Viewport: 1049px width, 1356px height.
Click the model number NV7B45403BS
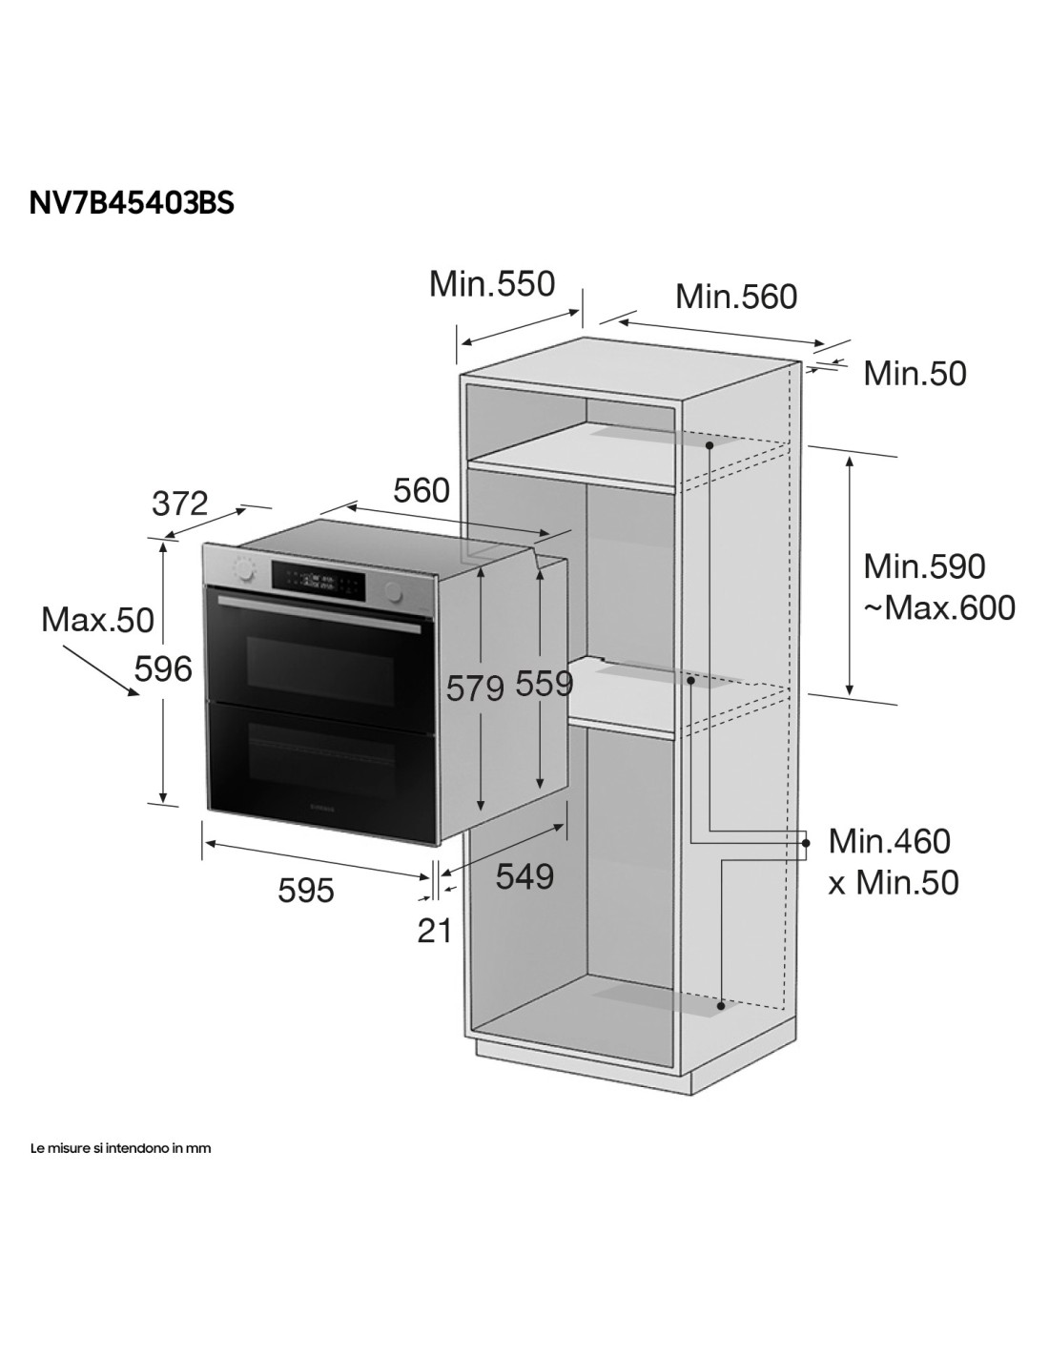(131, 202)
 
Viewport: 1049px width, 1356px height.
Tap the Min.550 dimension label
(492, 284)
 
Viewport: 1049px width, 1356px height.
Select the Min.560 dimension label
(736, 297)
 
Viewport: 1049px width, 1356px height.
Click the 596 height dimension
(163, 670)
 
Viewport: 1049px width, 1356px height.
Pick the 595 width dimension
(306, 891)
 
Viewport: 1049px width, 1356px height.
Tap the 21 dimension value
(434, 932)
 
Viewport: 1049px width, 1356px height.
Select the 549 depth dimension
(524, 876)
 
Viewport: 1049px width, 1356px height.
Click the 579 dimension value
(475, 689)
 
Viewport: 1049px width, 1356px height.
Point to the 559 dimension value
(544, 684)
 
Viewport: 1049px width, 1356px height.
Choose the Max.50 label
(97, 620)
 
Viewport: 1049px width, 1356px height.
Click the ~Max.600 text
(939, 607)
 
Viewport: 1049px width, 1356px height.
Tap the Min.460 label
(889, 841)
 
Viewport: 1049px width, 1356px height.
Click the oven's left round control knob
(244, 566)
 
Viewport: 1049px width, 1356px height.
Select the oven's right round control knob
(394, 591)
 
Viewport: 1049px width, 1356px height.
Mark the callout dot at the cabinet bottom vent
(721, 1006)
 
